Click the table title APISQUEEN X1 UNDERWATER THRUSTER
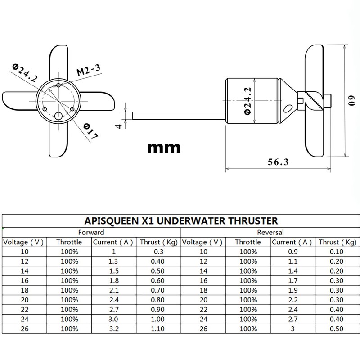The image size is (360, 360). [x=180, y=221]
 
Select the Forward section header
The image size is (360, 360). [x=91, y=233]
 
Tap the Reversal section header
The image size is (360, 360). [x=270, y=233]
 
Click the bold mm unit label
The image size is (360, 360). [x=164, y=147]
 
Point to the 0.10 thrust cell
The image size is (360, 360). [x=337, y=251]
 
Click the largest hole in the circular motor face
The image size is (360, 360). [x=58, y=116]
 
